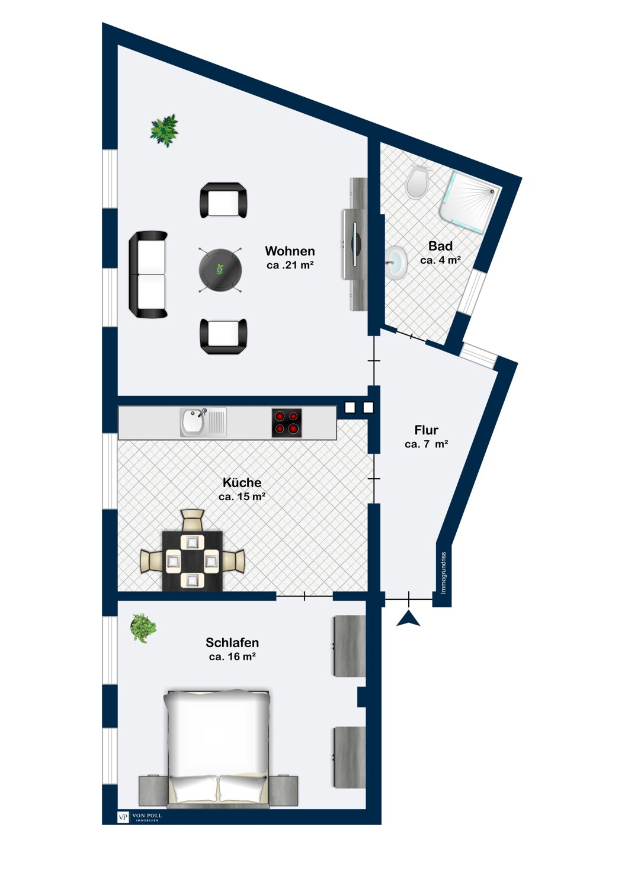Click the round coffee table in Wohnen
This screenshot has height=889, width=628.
tap(220, 270)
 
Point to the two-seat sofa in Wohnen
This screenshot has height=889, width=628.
tap(148, 274)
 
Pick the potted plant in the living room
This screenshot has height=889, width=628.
tap(164, 130)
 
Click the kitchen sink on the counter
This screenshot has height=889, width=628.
tap(203, 422)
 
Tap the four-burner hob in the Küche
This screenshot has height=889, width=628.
tap(286, 423)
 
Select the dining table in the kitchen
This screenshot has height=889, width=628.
tap(193, 561)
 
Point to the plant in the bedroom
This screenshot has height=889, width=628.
tap(143, 628)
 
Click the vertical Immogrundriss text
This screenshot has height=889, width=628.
tap(444, 573)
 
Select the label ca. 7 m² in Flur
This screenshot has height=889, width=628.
tap(426, 444)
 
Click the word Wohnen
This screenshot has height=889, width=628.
tap(290, 251)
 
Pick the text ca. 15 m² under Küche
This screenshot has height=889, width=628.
tap(242, 497)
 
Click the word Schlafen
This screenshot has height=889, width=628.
tap(232, 642)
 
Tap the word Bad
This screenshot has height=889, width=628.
tap(440, 246)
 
